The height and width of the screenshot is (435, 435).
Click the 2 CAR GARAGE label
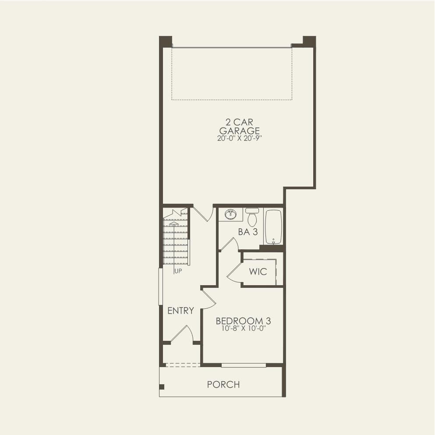click(239, 126)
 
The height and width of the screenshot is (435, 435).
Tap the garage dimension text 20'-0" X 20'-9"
click(240, 138)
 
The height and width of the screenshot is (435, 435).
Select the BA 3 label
click(248, 232)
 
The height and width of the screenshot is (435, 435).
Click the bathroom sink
click(230, 214)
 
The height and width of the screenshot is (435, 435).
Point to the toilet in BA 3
click(252, 217)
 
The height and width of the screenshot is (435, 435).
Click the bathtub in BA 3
click(273, 227)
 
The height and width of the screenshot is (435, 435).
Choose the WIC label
click(258, 272)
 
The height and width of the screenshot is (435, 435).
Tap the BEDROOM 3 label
click(243, 321)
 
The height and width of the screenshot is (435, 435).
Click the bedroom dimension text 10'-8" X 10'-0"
click(244, 329)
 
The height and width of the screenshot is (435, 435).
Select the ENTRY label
click(180, 311)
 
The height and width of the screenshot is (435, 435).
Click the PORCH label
click(223, 385)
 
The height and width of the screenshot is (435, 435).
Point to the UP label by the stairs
click(178, 271)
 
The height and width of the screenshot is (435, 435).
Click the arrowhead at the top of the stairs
click(174, 223)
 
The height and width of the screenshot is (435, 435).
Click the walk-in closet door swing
click(235, 272)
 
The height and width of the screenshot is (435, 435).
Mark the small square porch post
click(162, 387)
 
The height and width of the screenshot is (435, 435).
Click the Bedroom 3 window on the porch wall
click(244, 365)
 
